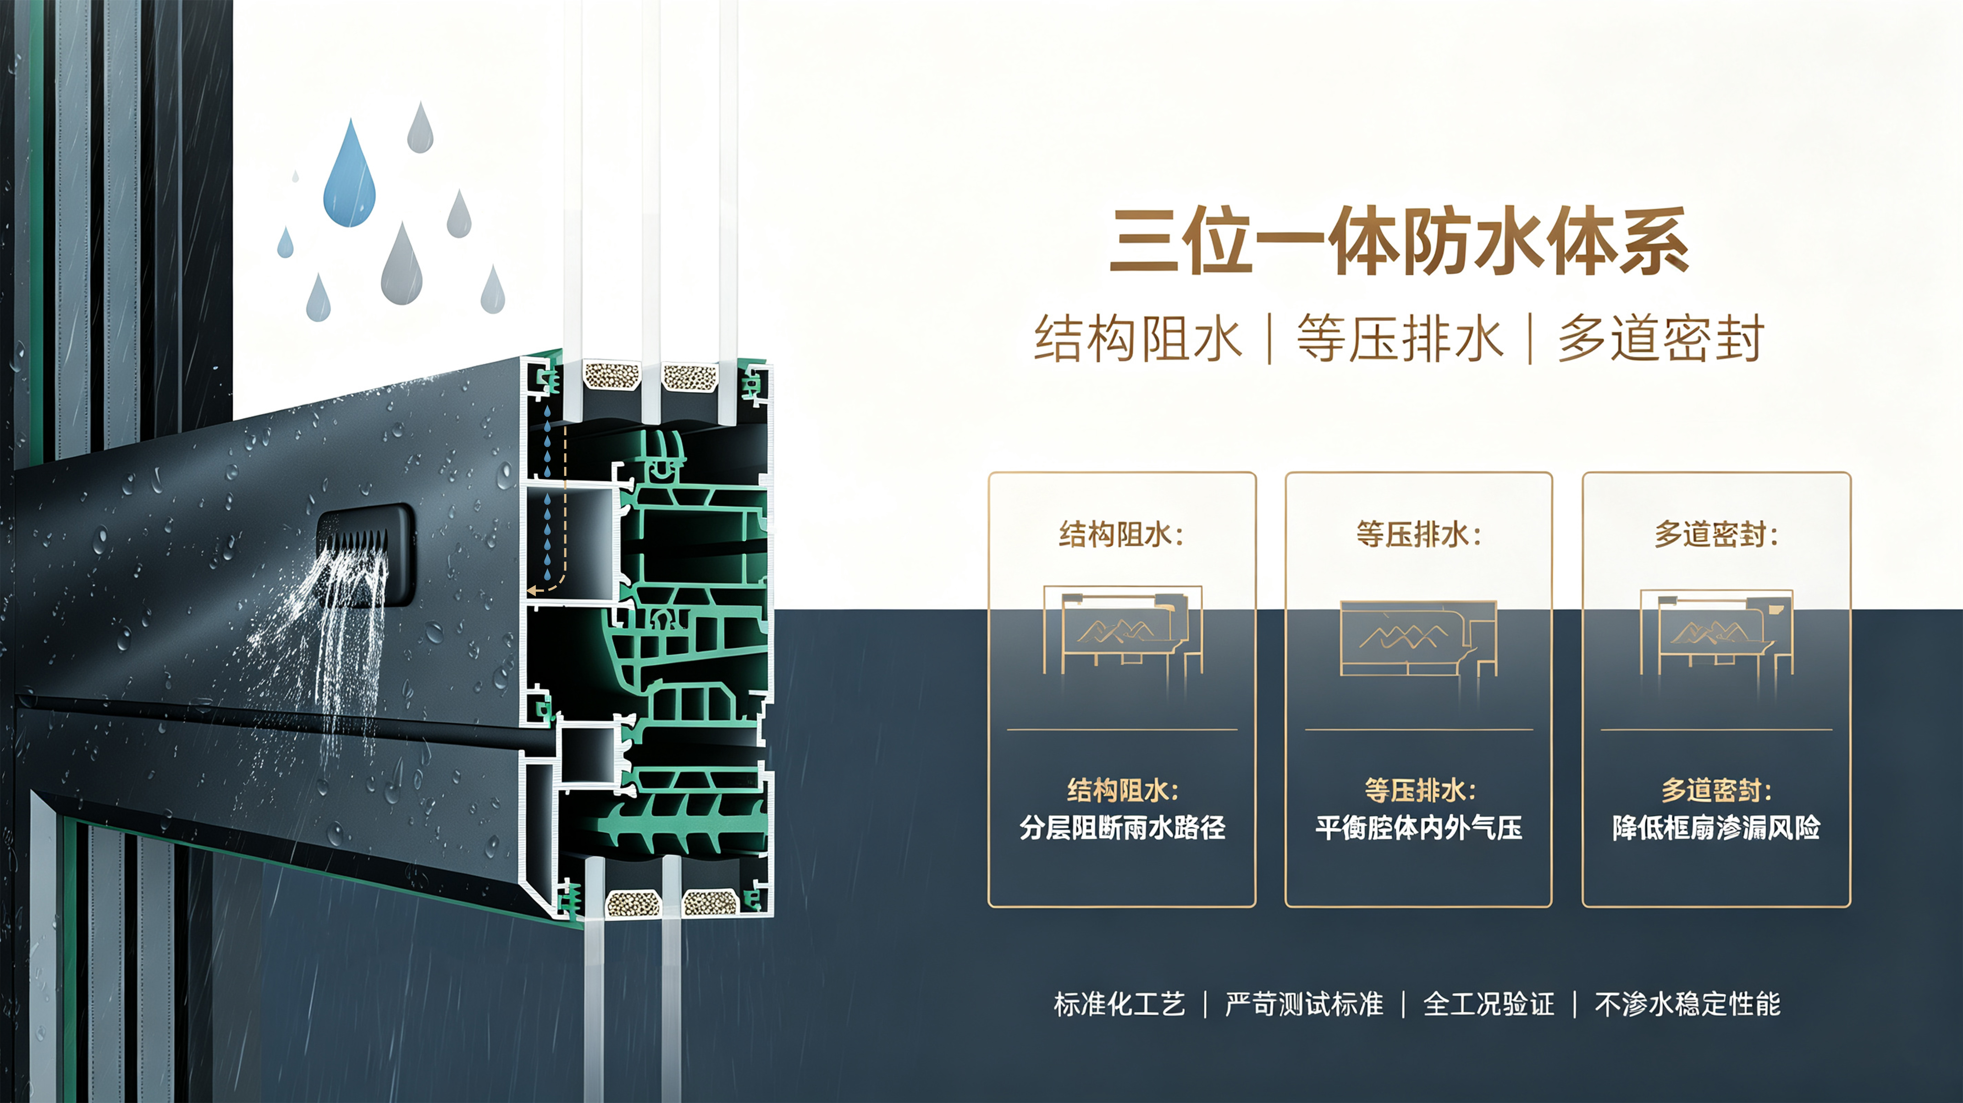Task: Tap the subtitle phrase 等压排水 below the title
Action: pos(1400,338)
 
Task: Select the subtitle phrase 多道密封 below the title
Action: pos(1661,338)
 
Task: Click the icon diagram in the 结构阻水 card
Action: pos(1122,630)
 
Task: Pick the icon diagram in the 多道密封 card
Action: pos(1716,631)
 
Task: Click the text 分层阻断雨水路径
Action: pos(1122,828)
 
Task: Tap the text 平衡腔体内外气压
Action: pos(1419,828)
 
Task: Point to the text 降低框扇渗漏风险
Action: pos(1716,828)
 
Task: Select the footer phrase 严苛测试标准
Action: pos(1304,1004)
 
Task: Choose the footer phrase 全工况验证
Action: pos(1488,1004)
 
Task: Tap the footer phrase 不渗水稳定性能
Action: pos(1687,1004)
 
